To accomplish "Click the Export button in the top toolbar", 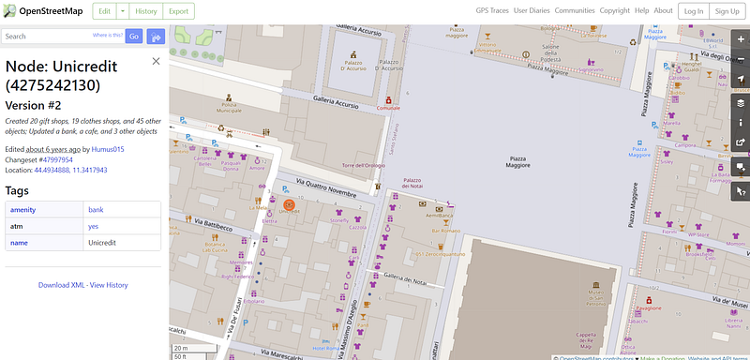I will pyautogui.click(x=178, y=10).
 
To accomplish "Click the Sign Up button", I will pyautogui.click(x=726, y=10).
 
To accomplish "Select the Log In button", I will pyautogui.click(x=693, y=10).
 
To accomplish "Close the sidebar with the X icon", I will pyautogui.click(x=156, y=61).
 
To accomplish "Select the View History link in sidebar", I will pyautogui.click(x=109, y=285).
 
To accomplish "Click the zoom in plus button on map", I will pyautogui.click(x=740, y=38).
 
